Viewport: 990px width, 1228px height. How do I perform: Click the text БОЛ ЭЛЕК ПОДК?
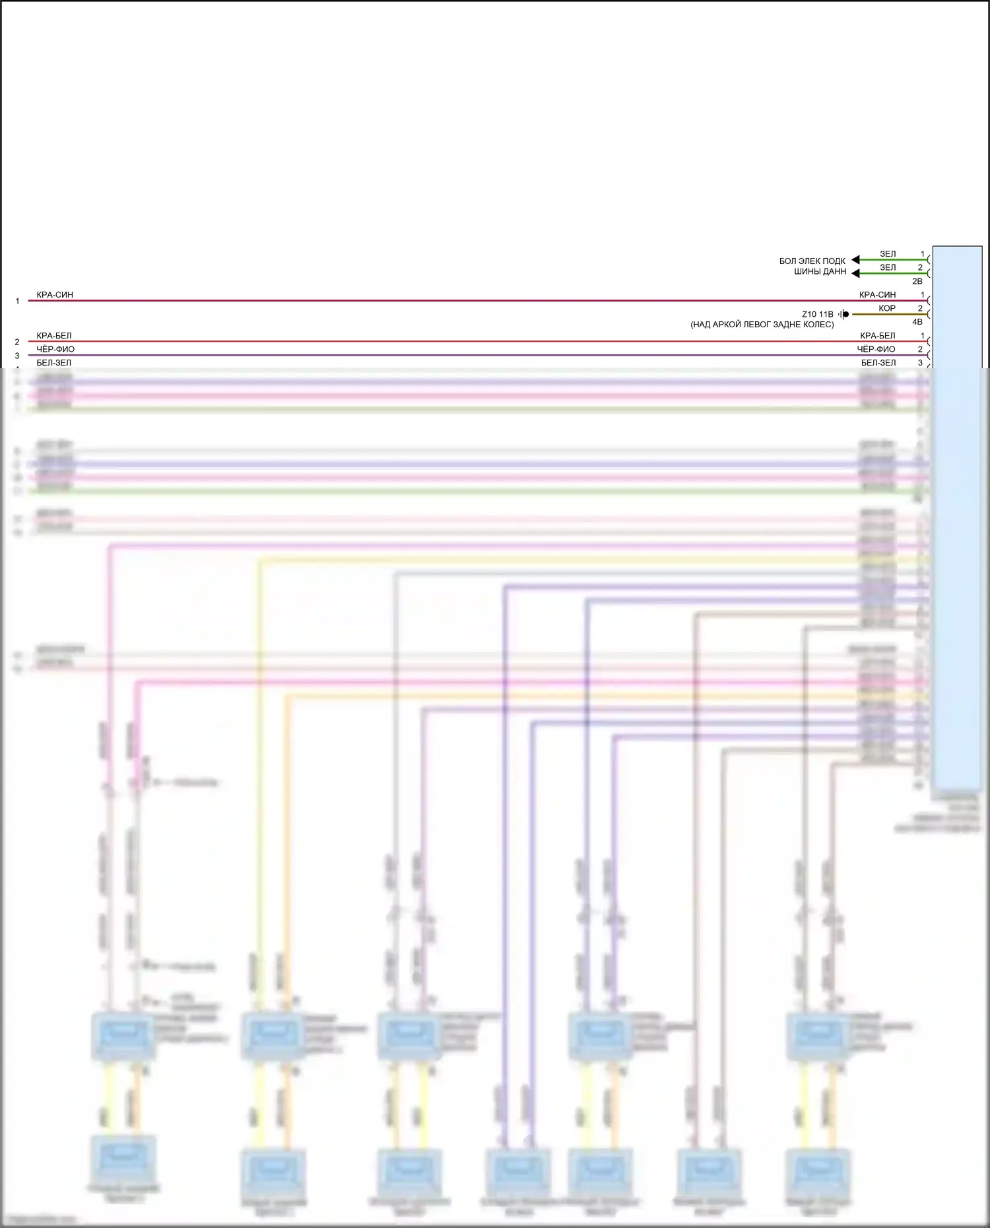tap(812, 261)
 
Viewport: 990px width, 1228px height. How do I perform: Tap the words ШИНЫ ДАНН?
tap(820, 272)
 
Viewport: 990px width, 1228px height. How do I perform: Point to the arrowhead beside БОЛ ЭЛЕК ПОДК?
tap(855, 260)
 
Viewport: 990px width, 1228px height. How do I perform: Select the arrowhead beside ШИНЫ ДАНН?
tap(855, 273)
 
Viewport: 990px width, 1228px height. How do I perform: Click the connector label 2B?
tap(917, 282)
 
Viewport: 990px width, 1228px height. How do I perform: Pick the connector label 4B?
tap(917, 323)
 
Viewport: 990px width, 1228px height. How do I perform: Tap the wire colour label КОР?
tap(887, 309)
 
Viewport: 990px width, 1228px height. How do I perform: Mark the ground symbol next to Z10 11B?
tap(843, 315)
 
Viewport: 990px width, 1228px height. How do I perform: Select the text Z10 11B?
tap(817, 315)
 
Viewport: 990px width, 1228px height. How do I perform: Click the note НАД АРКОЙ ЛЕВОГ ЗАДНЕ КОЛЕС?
tap(762, 325)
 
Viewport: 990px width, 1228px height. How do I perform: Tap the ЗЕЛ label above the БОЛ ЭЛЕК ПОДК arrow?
tap(888, 254)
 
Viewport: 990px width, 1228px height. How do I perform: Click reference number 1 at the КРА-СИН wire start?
tap(18, 302)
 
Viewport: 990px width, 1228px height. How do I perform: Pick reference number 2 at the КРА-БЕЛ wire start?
tap(18, 342)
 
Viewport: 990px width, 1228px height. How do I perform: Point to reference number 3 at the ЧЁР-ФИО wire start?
tap(18, 356)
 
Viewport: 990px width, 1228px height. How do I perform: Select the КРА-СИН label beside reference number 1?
tap(55, 295)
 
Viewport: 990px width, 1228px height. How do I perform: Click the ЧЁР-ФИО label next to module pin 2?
tap(876, 350)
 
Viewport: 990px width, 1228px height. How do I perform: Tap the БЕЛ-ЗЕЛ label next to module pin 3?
tap(878, 363)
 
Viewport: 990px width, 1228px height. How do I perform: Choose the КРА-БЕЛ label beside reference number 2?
tap(54, 336)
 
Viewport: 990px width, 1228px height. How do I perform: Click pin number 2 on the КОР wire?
tap(920, 309)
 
